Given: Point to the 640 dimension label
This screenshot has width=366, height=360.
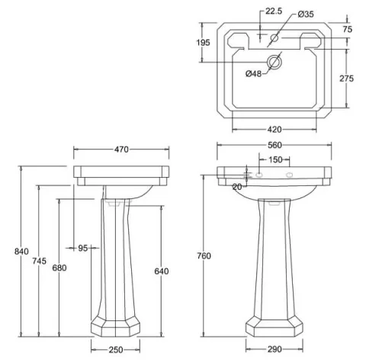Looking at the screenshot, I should click(x=161, y=272).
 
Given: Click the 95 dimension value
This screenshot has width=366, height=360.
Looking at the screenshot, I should click(x=84, y=247).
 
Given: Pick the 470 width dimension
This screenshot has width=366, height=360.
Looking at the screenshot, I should click(x=121, y=150).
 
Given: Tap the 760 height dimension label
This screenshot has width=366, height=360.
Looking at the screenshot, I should click(x=204, y=255).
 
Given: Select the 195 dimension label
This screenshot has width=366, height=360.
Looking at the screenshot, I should click(x=204, y=43).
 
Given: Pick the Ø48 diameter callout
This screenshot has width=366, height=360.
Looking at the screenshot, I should click(x=255, y=74).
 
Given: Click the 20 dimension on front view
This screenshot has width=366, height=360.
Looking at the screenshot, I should click(x=236, y=186).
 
